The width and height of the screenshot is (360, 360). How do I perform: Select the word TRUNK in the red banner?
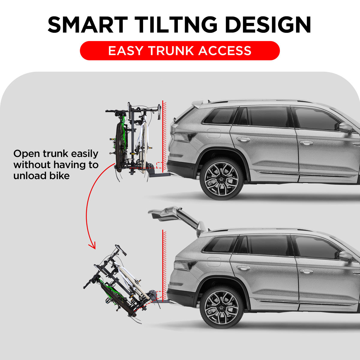click(x=171, y=51)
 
